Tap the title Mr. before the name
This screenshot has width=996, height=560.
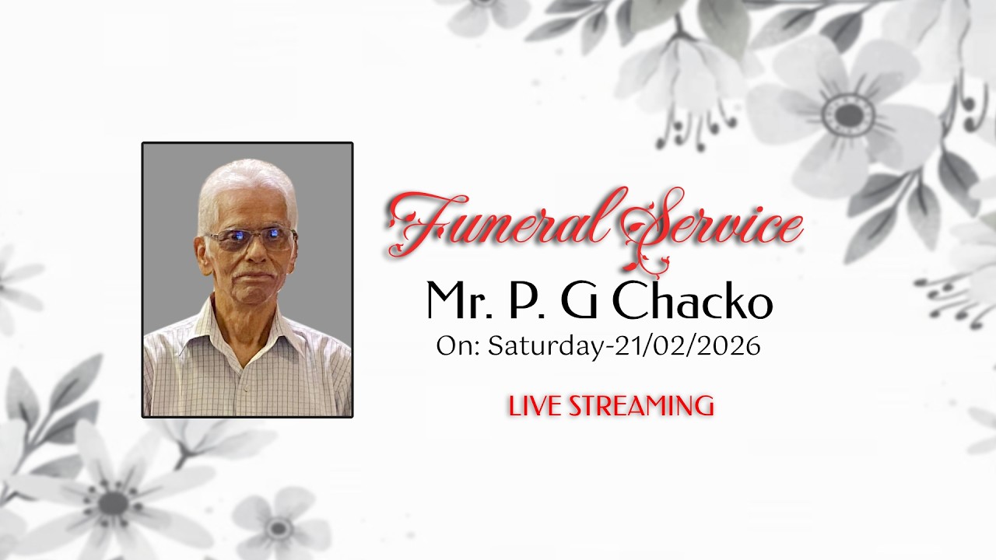pos(459,302)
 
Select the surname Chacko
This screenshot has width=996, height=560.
pos(693,302)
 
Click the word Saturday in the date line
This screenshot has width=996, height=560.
pos(545,346)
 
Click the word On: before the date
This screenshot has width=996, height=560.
pos(458,346)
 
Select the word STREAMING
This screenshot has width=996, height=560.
pos(642,406)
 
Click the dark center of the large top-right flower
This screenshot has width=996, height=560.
pos(848,115)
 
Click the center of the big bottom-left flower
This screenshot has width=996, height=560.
pos(113,502)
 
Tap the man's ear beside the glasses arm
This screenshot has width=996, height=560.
pos(202,253)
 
